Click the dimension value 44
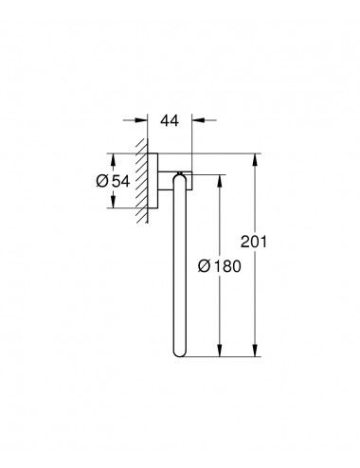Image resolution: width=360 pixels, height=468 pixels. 170,120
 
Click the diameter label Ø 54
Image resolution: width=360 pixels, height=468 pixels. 113,182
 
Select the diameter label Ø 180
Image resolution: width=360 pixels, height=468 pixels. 220,266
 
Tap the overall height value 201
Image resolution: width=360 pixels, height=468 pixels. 254,242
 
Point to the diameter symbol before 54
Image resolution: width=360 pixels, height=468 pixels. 102,182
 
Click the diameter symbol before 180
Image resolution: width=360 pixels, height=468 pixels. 204,266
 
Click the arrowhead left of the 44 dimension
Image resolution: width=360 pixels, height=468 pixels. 141,120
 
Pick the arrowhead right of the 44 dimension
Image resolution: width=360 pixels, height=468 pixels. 198,120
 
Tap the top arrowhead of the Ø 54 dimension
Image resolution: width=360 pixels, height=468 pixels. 113,159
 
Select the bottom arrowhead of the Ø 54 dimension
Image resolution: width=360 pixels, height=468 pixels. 113,202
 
